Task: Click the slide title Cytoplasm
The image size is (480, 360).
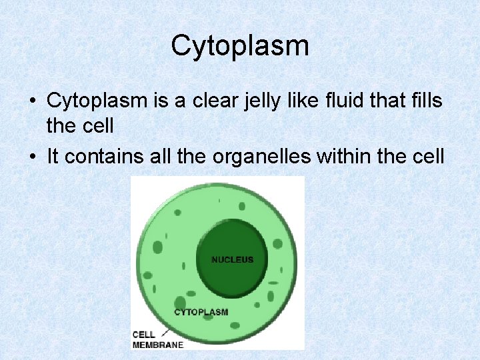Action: point(240,46)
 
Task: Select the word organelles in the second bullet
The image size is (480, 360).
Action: point(274,156)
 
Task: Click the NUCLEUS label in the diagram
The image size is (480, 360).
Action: point(233,259)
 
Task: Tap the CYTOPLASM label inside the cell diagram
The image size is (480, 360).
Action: point(201,312)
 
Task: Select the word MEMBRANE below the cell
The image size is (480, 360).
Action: point(157,345)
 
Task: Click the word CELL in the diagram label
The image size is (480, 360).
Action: point(144,335)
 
